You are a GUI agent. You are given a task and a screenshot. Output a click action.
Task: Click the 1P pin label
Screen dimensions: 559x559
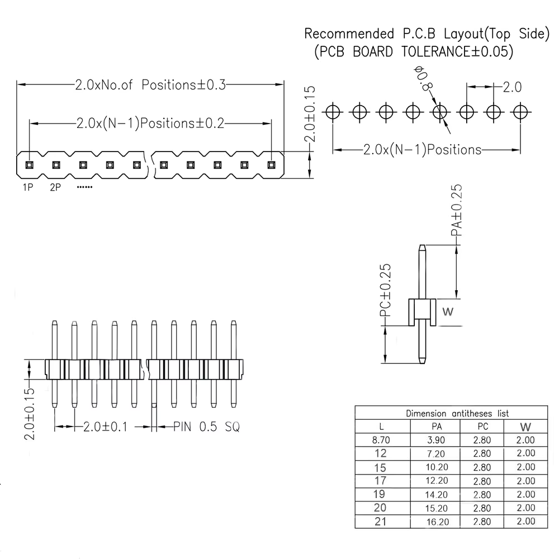pos(27,188)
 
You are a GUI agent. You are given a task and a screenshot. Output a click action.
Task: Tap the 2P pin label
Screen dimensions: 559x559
pos(55,188)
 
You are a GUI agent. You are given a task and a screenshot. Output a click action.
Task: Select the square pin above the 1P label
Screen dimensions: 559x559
pos(29,165)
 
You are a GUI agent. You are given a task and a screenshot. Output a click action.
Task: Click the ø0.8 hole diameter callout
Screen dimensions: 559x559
pos(424,78)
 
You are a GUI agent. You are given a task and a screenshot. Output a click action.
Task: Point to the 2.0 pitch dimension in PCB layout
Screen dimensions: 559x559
pos(511,87)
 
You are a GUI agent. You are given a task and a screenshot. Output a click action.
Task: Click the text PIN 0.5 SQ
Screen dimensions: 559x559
pos(206,427)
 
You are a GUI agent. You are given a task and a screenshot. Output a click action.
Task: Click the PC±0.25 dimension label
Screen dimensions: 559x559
pos(385,291)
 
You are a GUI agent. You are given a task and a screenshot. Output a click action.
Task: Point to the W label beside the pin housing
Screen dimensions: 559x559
pos(447,312)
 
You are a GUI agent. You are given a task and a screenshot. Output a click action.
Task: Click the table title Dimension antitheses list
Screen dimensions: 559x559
pos(457,414)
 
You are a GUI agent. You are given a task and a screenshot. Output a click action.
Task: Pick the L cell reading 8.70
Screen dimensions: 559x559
pos(381,440)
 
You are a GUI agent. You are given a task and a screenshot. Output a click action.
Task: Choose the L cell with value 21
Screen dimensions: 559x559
pos(381,522)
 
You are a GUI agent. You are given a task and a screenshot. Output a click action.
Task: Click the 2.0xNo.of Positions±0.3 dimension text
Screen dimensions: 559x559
pos(150,85)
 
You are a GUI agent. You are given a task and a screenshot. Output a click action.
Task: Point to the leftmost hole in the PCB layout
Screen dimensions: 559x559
pos(333,112)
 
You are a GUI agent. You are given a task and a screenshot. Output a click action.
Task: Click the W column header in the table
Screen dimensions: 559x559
pos(525,427)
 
